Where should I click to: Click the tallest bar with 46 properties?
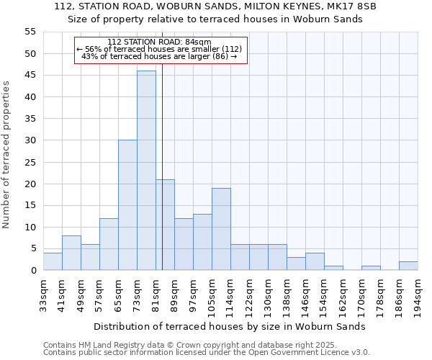(146, 171)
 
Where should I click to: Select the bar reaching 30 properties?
(127, 205)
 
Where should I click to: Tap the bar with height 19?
(221, 229)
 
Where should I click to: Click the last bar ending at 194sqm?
(408, 266)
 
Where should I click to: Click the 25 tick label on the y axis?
(30, 162)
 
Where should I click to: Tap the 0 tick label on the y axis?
(32, 271)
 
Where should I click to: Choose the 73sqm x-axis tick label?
(137, 295)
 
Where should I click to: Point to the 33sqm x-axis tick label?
(43, 295)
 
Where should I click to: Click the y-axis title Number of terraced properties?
(6, 155)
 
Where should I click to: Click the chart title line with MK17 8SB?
(215, 6)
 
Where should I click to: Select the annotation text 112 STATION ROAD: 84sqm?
(159, 42)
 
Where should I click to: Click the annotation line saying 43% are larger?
(159, 56)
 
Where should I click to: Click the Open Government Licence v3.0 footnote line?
(207, 353)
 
